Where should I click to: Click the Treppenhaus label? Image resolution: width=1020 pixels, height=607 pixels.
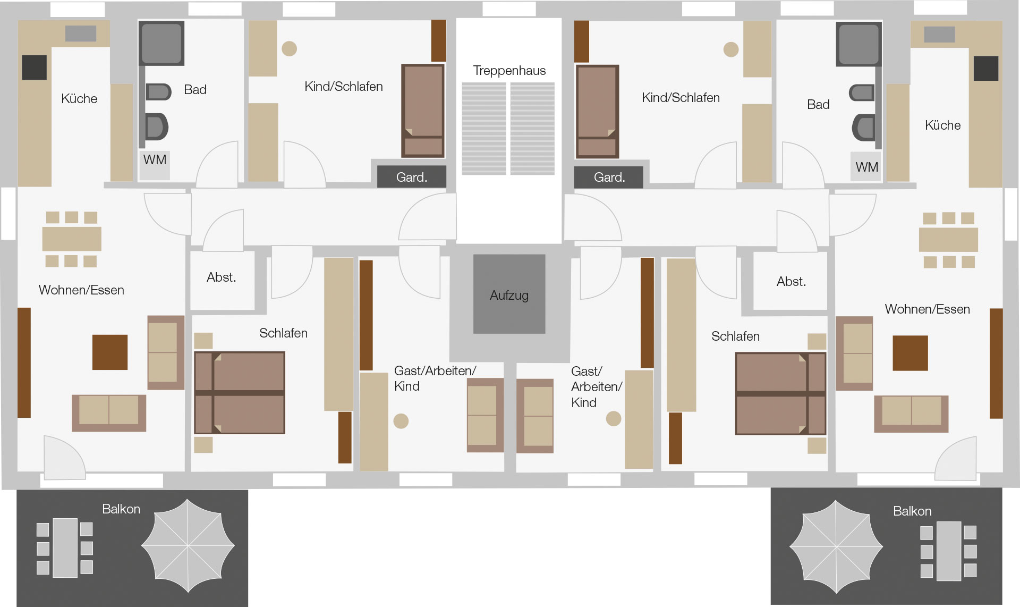(509, 71)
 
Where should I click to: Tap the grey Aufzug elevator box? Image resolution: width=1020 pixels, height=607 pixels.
(509, 294)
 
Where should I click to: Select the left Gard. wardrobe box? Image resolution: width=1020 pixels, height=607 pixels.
(412, 177)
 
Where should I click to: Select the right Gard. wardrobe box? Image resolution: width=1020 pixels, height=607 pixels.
(609, 177)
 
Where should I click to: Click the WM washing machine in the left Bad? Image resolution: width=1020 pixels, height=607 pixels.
(155, 165)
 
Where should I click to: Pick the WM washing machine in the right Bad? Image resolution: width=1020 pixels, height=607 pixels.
(866, 166)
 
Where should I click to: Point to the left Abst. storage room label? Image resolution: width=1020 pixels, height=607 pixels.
(222, 277)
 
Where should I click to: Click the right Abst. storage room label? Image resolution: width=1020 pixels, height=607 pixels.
(791, 281)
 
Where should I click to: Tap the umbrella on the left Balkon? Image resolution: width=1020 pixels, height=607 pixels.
(188, 545)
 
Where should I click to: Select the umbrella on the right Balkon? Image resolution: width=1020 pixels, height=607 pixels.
(836, 547)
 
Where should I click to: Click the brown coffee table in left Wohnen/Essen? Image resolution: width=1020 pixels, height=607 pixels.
(110, 352)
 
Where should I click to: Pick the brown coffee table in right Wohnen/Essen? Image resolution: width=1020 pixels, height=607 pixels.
(910, 353)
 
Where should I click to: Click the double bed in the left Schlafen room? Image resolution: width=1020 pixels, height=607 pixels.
(240, 393)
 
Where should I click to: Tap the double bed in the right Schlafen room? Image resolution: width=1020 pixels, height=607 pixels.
(780, 394)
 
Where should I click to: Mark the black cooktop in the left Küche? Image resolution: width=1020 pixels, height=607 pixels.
(34, 68)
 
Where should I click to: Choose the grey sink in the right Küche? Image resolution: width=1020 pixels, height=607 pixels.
(939, 34)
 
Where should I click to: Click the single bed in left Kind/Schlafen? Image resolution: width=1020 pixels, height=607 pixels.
(423, 111)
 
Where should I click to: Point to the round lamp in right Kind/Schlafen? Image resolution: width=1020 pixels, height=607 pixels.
(731, 49)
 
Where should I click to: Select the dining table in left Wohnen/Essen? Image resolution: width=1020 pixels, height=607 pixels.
(72, 239)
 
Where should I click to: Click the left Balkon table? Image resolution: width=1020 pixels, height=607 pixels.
(65, 547)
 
